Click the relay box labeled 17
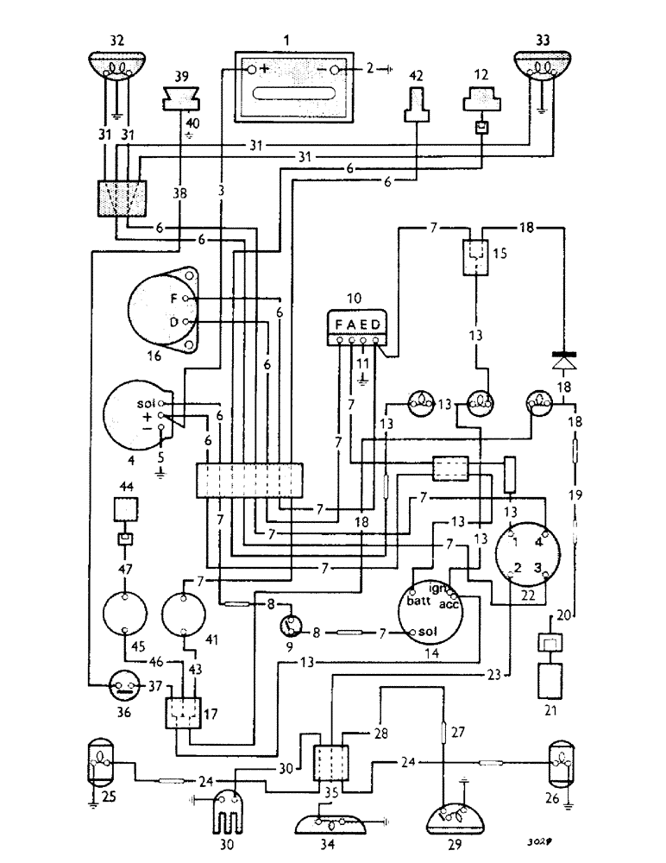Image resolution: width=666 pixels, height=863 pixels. coord(183,711)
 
